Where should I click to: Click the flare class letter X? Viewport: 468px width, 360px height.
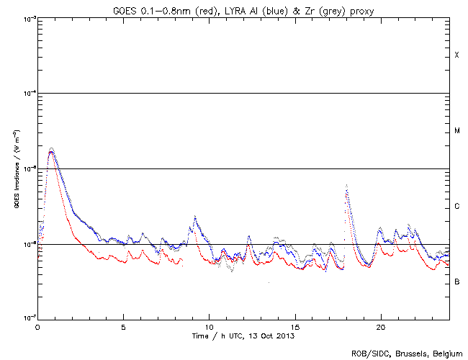pos(456,55)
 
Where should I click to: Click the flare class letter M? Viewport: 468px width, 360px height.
pos(456,131)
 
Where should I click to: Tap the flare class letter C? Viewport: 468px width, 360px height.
pos(456,207)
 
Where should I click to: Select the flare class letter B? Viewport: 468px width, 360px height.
pos(456,282)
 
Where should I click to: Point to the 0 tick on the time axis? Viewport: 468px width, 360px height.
pos(37,326)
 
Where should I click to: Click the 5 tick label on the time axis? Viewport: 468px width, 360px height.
pos(124,326)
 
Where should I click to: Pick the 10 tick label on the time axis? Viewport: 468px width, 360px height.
pos(209,326)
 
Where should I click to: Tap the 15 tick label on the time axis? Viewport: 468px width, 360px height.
pos(294,326)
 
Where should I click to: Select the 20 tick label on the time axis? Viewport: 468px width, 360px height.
pos(380,326)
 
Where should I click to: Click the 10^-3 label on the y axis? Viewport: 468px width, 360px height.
pos(30,19)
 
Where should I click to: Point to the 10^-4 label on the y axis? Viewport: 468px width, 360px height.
pos(30,94)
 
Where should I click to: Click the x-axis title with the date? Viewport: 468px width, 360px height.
pos(243,336)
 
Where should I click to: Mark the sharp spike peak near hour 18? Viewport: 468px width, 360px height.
pos(347,186)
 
